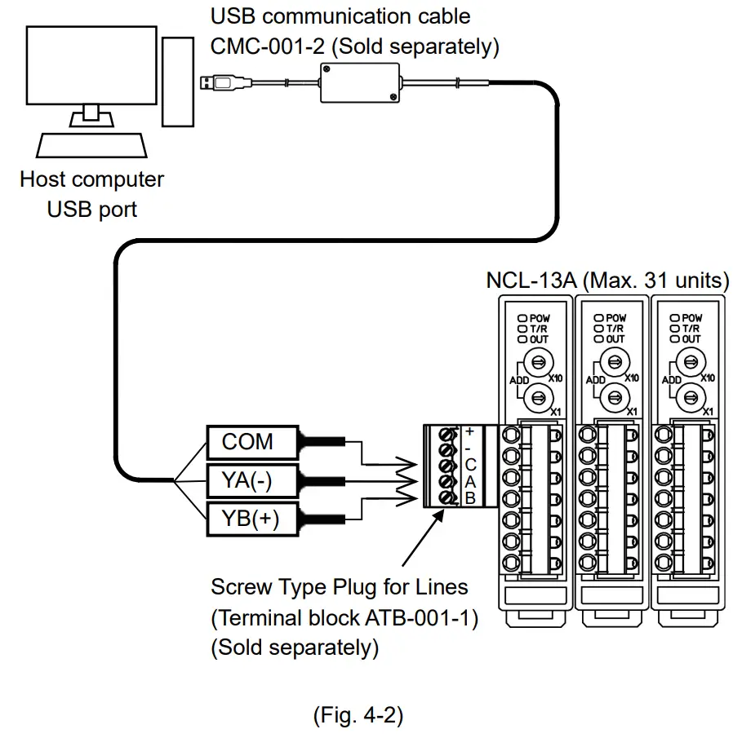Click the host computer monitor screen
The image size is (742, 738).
[x=91, y=64]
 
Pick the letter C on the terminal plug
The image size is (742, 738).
[x=469, y=465]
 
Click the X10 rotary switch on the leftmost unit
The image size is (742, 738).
[x=535, y=360]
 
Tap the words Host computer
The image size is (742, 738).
[x=91, y=179]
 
